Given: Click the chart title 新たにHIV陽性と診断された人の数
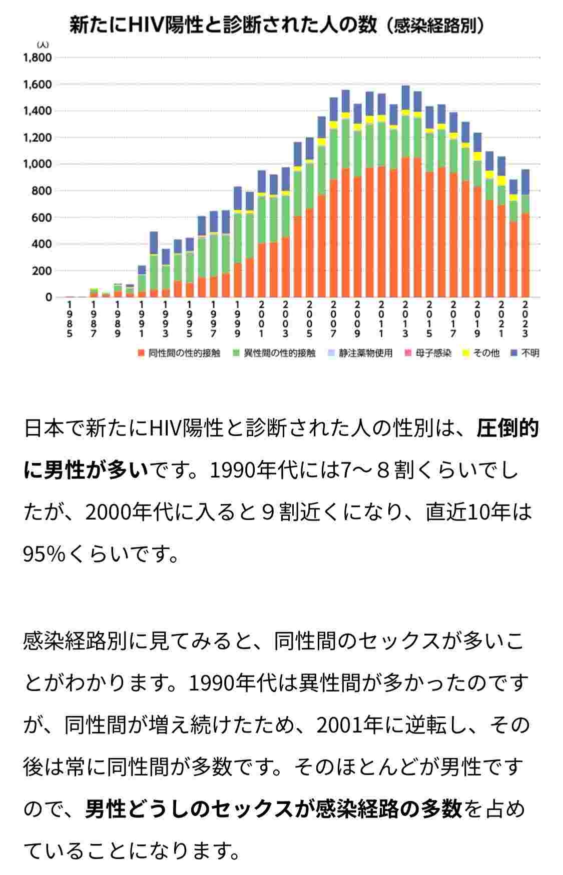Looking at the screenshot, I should coord(223,25).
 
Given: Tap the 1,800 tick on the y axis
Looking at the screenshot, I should coord(38,57).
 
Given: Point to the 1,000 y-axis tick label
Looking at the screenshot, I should coord(38,164).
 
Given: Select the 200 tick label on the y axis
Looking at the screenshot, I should coord(42,271).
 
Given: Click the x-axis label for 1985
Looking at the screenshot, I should coord(70,319).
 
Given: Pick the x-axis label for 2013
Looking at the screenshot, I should coord(405,319).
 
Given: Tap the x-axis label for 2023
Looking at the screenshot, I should coord(525,319).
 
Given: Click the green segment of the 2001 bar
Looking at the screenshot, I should coord(261,220).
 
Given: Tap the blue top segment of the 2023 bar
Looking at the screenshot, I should coord(525,182).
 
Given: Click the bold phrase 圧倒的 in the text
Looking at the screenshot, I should coord(507,428).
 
